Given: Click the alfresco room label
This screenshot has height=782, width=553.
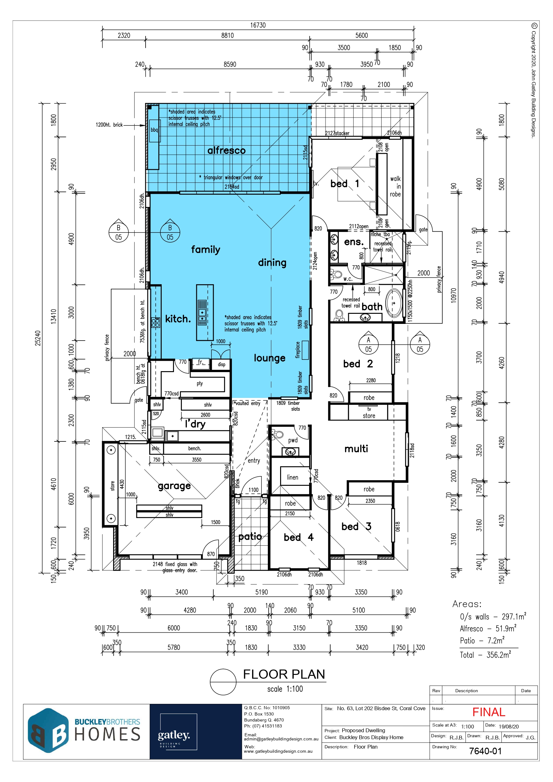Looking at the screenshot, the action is pos(226,150).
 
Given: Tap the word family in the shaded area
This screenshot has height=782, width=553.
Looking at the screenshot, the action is pos(205,250).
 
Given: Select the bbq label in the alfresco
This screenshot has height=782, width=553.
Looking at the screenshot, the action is pos(154,130).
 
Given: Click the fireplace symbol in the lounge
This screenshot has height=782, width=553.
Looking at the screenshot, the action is pos(305,350).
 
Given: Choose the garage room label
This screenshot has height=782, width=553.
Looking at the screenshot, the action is pos(174,486).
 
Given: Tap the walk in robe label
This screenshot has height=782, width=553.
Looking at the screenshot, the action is pos(395,186).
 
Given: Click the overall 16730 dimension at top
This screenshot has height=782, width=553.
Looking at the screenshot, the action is pos(258,25).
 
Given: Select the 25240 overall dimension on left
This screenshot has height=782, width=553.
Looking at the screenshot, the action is pos(37,338).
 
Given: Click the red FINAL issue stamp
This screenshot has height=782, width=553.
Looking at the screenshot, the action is pos(489,712).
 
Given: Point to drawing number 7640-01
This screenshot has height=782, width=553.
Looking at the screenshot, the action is pos(485,751).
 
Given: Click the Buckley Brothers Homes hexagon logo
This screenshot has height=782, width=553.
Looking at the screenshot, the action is pos(49,731).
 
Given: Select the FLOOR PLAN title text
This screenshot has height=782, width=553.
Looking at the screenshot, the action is pos(284,674).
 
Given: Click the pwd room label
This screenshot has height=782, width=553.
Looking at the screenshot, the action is pos(293,440).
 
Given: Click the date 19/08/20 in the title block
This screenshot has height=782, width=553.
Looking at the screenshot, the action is pos(509,727).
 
